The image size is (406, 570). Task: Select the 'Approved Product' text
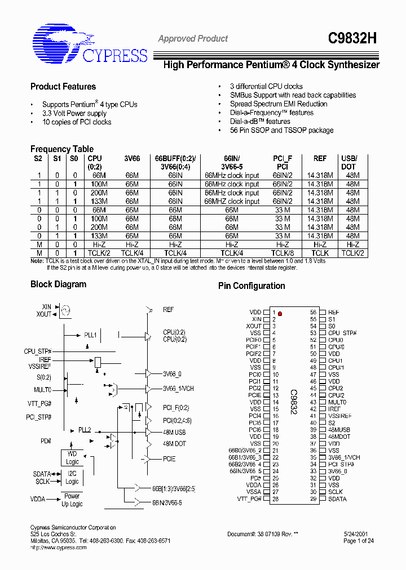point(193,39)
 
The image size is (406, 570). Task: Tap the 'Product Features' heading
point(63,87)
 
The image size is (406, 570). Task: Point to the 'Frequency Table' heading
point(62,149)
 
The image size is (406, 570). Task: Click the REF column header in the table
point(320,159)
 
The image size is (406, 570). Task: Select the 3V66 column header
point(132,159)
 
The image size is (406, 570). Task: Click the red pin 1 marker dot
point(280,313)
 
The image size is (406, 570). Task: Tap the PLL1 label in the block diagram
point(90,335)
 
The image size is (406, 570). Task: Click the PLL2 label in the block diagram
point(85,430)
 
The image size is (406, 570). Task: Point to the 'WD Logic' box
point(72,458)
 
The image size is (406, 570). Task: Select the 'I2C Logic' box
point(72,478)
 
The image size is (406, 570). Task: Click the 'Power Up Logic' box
point(72,500)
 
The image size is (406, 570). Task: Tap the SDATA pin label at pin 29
point(337,499)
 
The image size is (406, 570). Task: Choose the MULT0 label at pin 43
point(337,402)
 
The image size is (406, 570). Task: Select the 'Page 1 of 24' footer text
point(359,541)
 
